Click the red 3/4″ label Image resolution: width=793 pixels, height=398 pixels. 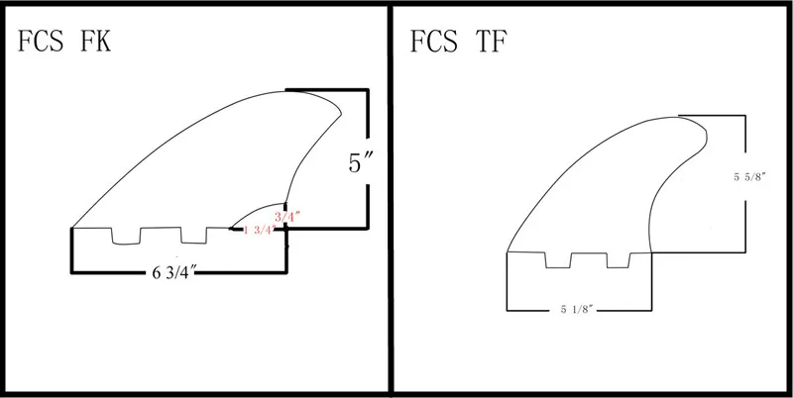pyautogui.click(x=283, y=213)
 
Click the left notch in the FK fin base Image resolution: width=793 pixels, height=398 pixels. pyautogui.click(x=126, y=235)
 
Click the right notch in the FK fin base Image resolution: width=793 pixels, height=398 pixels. pyautogui.click(x=193, y=235)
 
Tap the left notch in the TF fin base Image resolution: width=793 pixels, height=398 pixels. pyautogui.click(x=557, y=259)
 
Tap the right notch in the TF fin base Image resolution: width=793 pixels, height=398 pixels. pyautogui.click(x=618, y=259)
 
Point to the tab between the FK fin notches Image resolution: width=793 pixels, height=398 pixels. pyautogui.click(x=160, y=234)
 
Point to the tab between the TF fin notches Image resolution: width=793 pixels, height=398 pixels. pyautogui.click(x=588, y=258)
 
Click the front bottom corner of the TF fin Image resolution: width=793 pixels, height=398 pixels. pyautogui.click(x=507, y=251)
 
